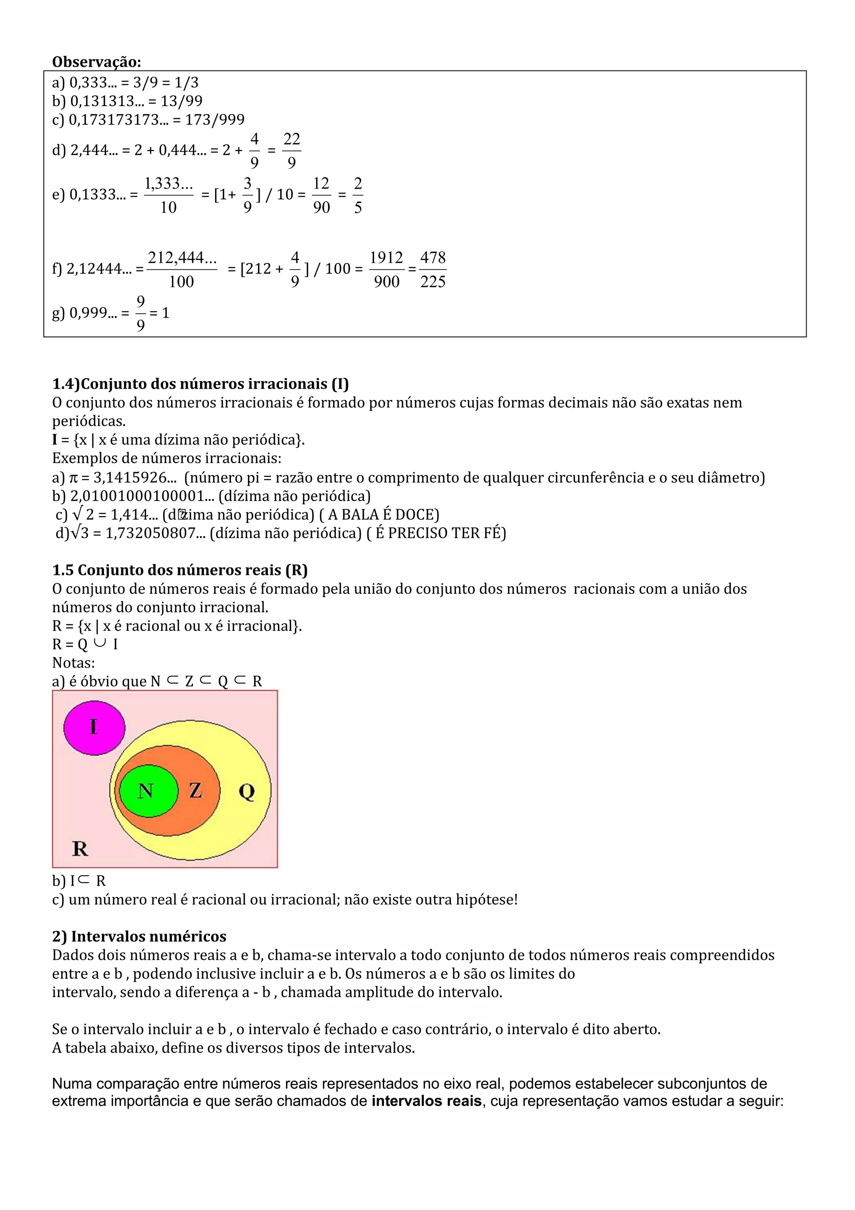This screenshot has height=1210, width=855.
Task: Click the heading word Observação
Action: [x=96, y=62]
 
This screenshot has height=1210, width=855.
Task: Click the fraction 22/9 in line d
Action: [x=291, y=151]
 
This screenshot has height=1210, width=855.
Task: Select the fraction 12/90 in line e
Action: [x=321, y=195]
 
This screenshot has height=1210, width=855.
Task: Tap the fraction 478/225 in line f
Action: [x=433, y=269]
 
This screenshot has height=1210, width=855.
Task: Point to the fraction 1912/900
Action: [x=386, y=269]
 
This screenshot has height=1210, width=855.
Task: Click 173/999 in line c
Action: [x=215, y=120]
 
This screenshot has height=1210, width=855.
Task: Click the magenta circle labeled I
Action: [x=94, y=728]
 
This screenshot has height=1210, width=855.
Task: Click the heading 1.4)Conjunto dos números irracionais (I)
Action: [x=200, y=384]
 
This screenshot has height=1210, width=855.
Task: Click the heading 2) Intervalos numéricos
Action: [x=139, y=936]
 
